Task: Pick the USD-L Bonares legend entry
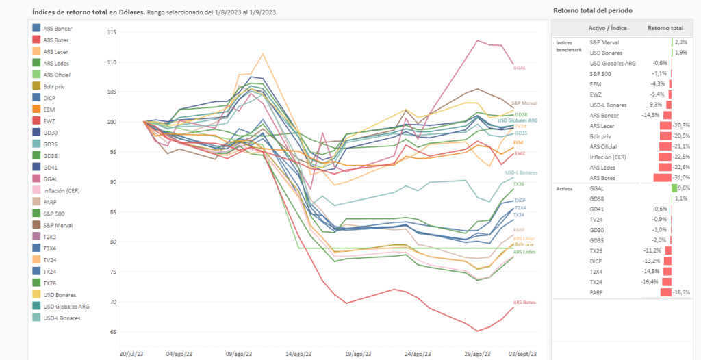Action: coord(61,317)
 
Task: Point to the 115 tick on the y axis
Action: coord(112,32)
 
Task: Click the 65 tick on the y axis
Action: coord(114,332)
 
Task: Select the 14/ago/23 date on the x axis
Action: coord(300,353)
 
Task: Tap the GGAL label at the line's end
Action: coord(520,68)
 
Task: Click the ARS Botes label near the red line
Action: coord(524,302)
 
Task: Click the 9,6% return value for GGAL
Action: coord(684,188)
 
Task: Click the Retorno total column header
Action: coord(665,29)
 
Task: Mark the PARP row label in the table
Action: coord(596,292)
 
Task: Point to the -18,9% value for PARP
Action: coord(682,292)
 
